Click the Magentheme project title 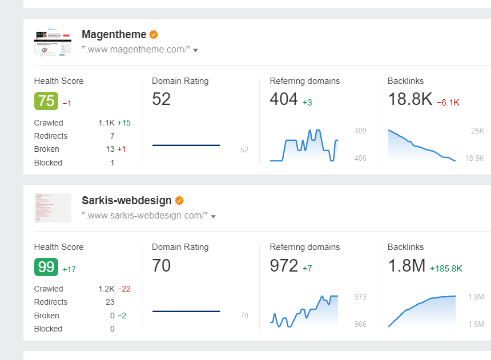(x=114, y=35)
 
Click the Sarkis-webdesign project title (x=126, y=201)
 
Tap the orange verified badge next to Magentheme (x=154, y=35)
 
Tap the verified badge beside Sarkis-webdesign (x=179, y=201)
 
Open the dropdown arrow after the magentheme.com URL (x=196, y=50)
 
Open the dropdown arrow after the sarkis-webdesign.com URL (x=213, y=216)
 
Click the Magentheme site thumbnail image (x=53, y=42)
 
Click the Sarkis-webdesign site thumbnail (x=53, y=208)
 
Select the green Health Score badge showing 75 (x=46, y=101)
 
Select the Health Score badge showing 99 (x=46, y=267)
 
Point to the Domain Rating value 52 (x=162, y=99)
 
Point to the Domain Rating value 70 (x=162, y=265)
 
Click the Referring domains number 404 (x=284, y=99)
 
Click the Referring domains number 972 (x=284, y=265)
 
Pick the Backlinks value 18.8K (x=410, y=99)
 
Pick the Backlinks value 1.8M (x=407, y=265)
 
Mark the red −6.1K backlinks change (x=448, y=103)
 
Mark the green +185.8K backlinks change (x=446, y=269)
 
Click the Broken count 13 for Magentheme (x=110, y=149)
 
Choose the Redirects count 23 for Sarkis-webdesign (x=110, y=302)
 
